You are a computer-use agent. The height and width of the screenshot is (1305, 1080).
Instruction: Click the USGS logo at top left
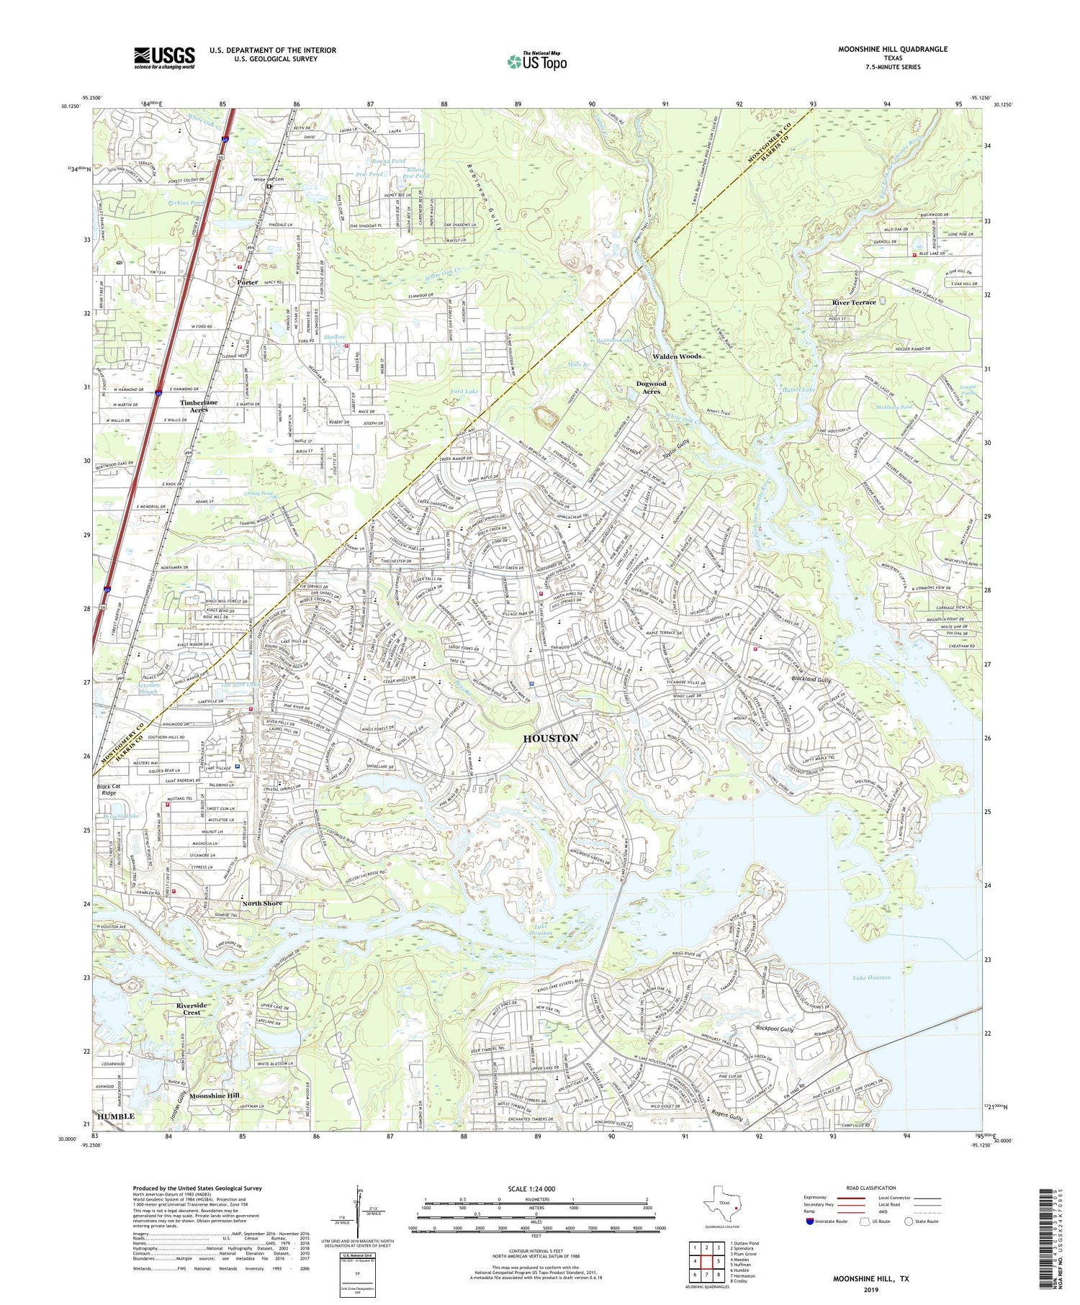(x=164, y=58)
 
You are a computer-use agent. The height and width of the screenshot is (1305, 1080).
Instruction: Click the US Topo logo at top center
(x=536, y=62)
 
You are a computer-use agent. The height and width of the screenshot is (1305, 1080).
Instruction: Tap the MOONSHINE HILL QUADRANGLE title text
(x=892, y=49)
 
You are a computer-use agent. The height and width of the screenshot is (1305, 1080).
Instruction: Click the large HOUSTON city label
(x=550, y=739)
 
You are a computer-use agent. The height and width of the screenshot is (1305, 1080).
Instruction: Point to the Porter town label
(x=248, y=282)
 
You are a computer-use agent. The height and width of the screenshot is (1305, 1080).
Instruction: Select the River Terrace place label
(x=854, y=302)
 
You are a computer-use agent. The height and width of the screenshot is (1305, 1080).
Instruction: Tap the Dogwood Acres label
(x=651, y=387)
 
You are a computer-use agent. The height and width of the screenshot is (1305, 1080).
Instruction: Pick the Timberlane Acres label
(x=199, y=406)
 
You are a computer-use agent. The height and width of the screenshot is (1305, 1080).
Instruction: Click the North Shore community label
(x=262, y=903)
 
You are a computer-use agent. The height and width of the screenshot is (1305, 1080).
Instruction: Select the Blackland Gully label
(x=811, y=679)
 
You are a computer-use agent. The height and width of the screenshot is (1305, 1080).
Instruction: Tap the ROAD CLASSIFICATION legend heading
(x=871, y=1188)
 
